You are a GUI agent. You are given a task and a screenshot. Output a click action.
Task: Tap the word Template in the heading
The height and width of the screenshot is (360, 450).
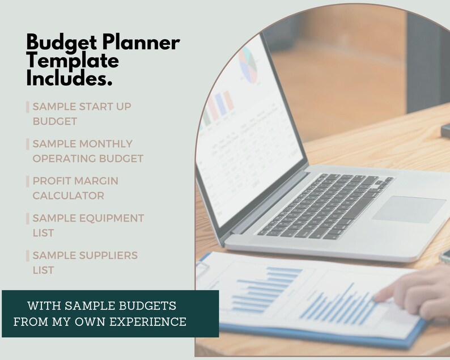tap(73, 61)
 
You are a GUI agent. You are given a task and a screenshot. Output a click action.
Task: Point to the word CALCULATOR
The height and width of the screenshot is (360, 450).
tap(68, 196)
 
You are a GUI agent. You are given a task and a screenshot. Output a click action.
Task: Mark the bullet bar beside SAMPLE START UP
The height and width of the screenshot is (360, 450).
tap(28, 107)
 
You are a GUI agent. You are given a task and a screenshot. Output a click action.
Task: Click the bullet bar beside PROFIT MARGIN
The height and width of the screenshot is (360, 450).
tap(28, 181)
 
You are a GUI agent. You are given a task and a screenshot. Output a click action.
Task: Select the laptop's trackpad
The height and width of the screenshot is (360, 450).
tap(409, 209)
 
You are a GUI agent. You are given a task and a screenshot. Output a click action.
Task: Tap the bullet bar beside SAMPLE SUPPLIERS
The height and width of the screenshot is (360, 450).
tap(28, 256)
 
